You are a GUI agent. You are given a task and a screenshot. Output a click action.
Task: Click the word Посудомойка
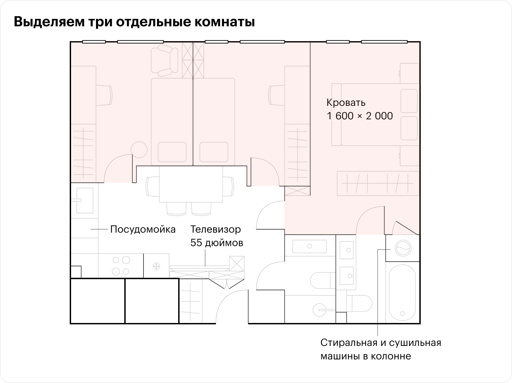(x=143, y=229)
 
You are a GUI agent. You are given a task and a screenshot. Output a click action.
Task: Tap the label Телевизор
(x=216, y=229)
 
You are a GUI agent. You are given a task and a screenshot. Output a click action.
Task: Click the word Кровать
(x=346, y=103)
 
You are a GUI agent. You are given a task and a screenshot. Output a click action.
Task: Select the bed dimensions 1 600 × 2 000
(x=360, y=116)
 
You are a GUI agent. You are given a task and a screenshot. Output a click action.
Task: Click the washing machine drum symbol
(x=403, y=248)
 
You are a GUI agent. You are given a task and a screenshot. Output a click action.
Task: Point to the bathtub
(x=403, y=292)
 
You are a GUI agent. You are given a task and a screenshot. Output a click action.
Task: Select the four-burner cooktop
(x=121, y=266)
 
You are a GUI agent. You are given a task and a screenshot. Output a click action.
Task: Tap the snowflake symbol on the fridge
(x=156, y=266)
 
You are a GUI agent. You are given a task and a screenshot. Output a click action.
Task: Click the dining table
(x=191, y=184)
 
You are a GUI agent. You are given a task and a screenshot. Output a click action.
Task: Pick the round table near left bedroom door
(x=139, y=150)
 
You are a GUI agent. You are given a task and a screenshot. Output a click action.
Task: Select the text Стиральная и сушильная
(x=381, y=343)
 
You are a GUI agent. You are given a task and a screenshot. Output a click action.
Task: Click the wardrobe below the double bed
(x=378, y=183)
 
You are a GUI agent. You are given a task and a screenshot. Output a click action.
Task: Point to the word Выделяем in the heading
(x=49, y=22)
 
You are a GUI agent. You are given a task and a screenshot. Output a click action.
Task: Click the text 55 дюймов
(x=217, y=243)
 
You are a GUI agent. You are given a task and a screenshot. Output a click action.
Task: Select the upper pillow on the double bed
(x=409, y=101)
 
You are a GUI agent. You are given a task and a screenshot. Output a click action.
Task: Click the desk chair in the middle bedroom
(x=277, y=95)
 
